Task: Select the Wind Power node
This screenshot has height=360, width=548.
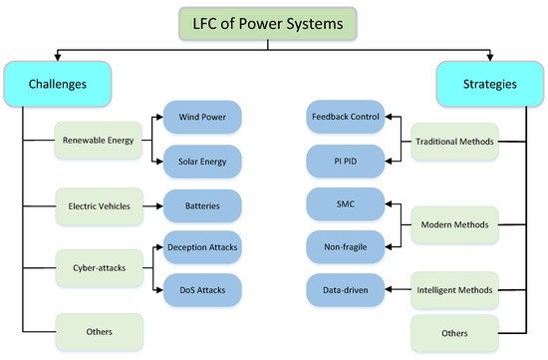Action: click(201, 117)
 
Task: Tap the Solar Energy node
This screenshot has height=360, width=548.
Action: click(201, 160)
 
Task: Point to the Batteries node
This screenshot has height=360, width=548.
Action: click(201, 206)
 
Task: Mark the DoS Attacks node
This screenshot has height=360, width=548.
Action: click(201, 290)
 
